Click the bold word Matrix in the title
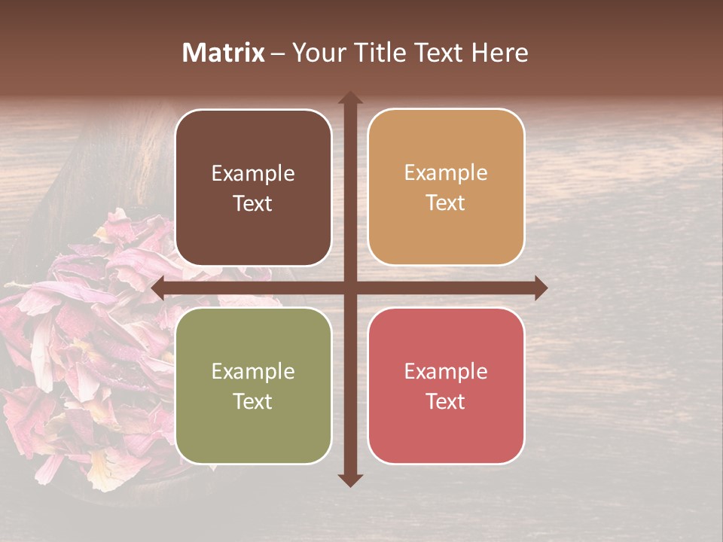coord(224,53)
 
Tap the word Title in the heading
coord(381,53)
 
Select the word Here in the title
coord(499,53)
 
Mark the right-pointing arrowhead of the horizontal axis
coord(540,288)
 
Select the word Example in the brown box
coord(253,174)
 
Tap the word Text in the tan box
coord(446,203)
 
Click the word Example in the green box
coord(253,371)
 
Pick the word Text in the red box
coord(446,401)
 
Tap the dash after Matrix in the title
coord(278,53)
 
